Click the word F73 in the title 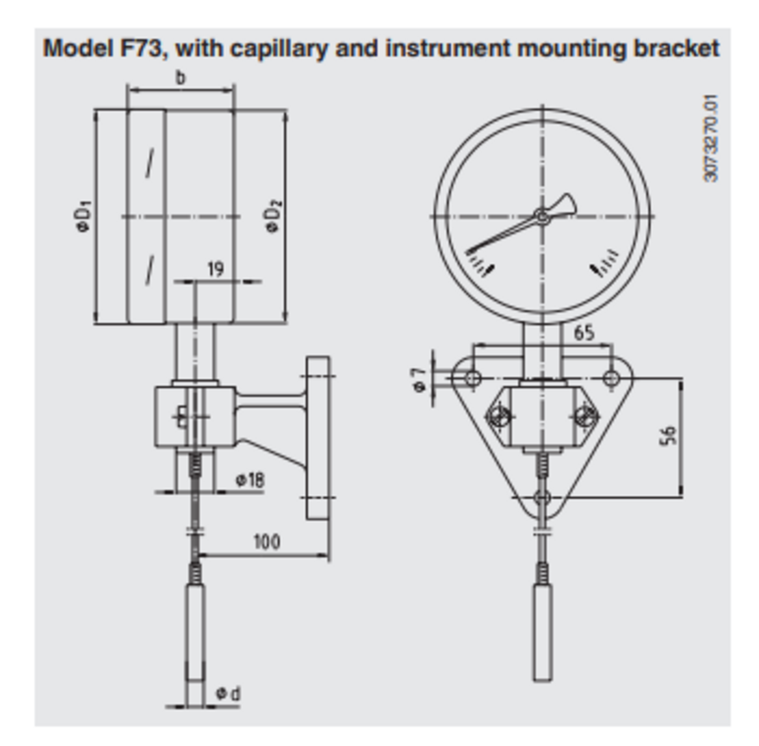pyautogui.click(x=143, y=49)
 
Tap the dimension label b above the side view pyautogui.click(x=180, y=77)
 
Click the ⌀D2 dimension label pyautogui.click(x=273, y=216)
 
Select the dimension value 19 pyautogui.click(x=216, y=269)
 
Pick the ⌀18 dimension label pyautogui.click(x=250, y=479)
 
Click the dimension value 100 pyautogui.click(x=267, y=542)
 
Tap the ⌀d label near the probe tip pyautogui.click(x=229, y=693)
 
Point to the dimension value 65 pyautogui.click(x=584, y=333)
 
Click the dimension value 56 pyautogui.click(x=668, y=436)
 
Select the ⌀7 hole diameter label pyautogui.click(x=419, y=379)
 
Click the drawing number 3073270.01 pyautogui.click(x=711, y=138)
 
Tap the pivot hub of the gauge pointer pyautogui.click(x=542, y=217)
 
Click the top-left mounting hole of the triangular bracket pyautogui.click(x=473, y=378)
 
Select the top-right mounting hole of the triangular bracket pyautogui.click(x=612, y=378)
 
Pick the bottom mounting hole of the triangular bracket pyautogui.click(x=542, y=498)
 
